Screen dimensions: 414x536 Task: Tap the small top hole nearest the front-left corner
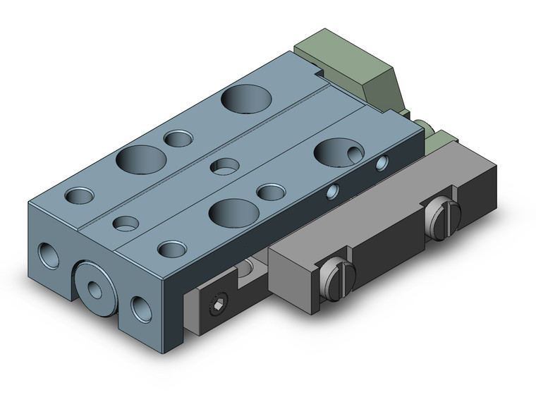(80, 194)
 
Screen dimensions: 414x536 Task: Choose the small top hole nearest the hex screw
(171, 249)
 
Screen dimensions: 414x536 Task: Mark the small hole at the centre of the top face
(225, 166)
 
